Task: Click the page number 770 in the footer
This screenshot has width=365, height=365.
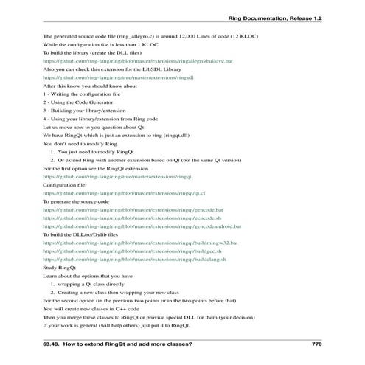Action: click(317, 344)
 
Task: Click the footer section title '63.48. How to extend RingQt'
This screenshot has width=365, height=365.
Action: click(118, 344)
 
